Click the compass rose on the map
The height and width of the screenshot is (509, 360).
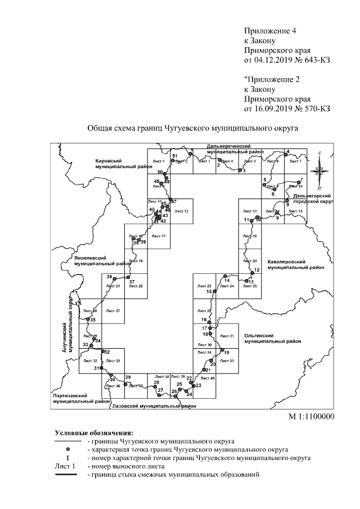320,168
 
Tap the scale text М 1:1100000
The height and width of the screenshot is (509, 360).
312,417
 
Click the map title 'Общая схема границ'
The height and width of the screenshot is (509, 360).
192,128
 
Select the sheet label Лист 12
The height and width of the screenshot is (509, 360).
181,211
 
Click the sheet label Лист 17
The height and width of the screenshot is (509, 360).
159,236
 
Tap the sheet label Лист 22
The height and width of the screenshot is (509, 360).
136,286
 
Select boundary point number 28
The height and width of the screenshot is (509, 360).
156,382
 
